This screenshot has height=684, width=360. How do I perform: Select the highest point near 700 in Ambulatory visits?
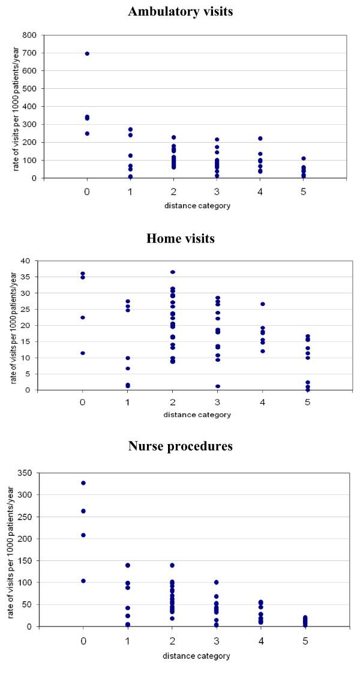tap(87, 53)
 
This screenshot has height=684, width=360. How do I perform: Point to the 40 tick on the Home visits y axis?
tap(28, 261)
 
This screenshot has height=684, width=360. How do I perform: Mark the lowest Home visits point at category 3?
tap(218, 386)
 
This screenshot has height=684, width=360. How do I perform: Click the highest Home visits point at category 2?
tap(173, 272)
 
